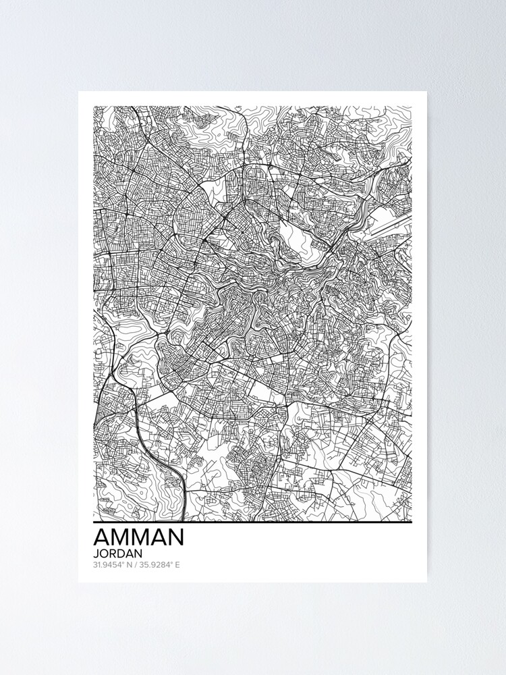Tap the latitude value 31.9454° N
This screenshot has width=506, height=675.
(113, 565)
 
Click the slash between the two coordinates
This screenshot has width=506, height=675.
(136, 565)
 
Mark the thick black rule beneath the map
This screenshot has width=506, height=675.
(252, 522)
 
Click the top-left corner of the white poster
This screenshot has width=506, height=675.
(79, 92)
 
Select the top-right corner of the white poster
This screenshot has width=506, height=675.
(426, 92)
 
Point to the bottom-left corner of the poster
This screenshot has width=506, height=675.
(79, 582)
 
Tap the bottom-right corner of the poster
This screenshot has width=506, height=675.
(426, 582)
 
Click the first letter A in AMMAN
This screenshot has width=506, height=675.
(102, 537)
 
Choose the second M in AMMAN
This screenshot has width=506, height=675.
(140, 537)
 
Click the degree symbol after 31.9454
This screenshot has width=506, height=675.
(123, 563)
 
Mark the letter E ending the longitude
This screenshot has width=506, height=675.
(177, 565)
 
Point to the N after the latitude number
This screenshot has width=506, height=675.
(129, 565)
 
